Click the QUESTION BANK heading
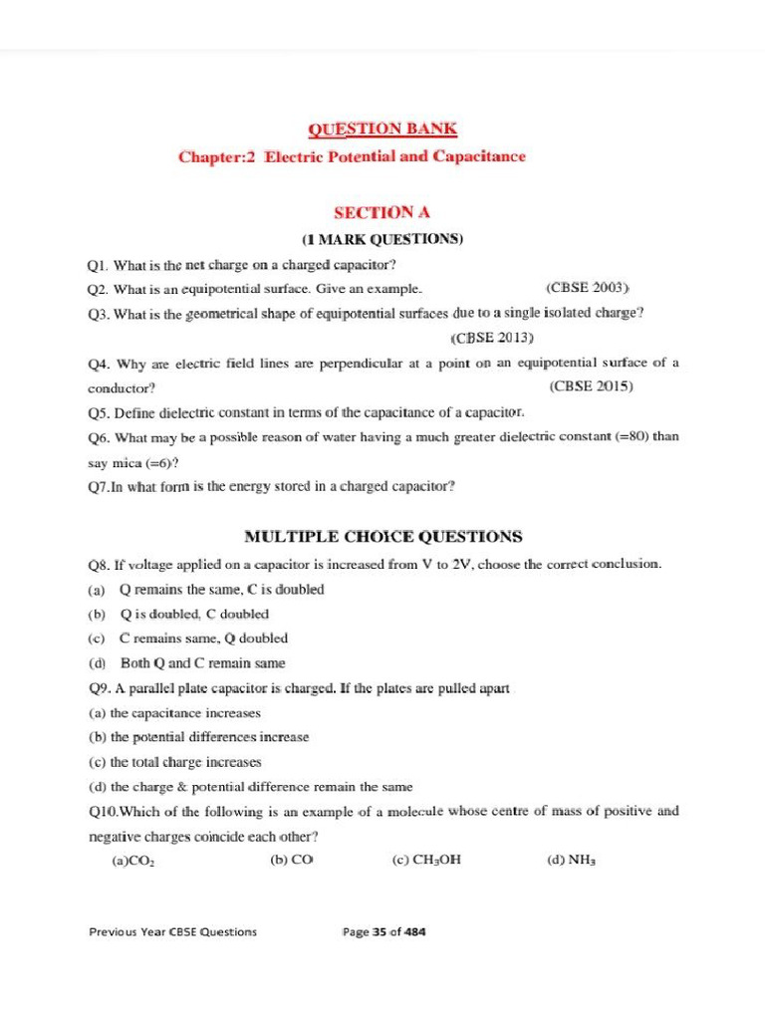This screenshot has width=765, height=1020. point(382,128)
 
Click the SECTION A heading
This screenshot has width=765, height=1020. point(382,212)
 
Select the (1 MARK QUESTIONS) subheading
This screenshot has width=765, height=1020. point(382,240)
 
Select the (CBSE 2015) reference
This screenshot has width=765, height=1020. point(591,386)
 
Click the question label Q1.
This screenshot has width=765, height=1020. point(97,266)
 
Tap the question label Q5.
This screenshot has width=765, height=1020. point(98,412)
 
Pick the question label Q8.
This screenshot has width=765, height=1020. point(98,565)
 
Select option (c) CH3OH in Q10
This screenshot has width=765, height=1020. point(426,861)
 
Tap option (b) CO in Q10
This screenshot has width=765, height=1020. point(292,860)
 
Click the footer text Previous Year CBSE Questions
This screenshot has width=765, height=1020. point(172,932)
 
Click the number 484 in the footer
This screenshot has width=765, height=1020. point(414,932)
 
